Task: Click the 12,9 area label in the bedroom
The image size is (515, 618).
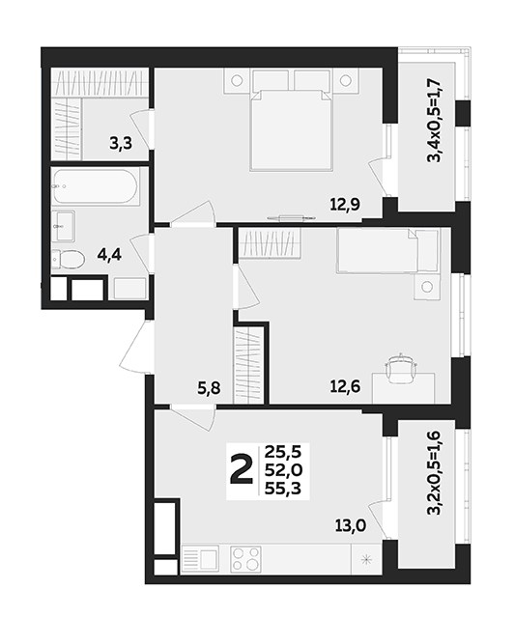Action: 345,205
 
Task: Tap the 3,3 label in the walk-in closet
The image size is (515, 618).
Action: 121,144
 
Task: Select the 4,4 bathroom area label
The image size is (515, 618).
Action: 109,255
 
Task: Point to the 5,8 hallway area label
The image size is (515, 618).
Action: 209,388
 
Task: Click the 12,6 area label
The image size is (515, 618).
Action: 345,386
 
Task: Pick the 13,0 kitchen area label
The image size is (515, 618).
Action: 351,525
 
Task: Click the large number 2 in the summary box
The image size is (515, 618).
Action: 241,468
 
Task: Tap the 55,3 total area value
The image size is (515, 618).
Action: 283,489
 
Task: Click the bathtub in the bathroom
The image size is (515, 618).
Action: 96,186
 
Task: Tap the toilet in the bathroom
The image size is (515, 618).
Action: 68,260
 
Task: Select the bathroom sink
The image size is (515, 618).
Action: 63,226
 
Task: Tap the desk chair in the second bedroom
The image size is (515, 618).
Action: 401,368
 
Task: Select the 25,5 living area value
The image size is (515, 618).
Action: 283,452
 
